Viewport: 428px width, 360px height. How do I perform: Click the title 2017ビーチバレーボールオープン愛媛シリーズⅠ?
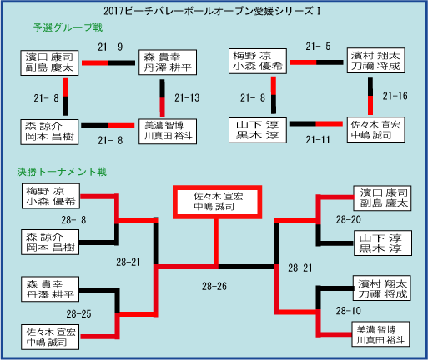tap(212, 11)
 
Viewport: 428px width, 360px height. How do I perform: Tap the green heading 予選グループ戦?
tap(68, 27)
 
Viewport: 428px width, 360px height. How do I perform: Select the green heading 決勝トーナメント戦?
tap(62, 172)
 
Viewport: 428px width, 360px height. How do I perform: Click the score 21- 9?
tap(110, 47)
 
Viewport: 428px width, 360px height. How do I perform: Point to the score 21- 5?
tap(318, 47)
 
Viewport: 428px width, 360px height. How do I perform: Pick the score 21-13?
tap(187, 97)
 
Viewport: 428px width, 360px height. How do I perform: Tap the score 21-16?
tap(395, 96)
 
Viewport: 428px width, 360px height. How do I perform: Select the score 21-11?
tap(318, 140)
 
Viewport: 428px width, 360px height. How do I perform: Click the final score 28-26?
tap(214, 286)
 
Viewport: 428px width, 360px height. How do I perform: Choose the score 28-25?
tap(78, 314)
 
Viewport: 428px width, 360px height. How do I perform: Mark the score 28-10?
tap(348, 311)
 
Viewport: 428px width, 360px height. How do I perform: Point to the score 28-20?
tap(348, 220)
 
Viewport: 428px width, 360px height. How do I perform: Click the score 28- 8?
tap(73, 220)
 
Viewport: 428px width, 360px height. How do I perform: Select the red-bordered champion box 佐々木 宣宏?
tap(217, 202)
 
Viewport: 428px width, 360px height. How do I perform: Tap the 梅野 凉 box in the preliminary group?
tap(258, 61)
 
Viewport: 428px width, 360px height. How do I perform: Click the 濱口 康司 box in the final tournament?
tap(382, 198)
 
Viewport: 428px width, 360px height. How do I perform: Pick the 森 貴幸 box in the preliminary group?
tap(168, 62)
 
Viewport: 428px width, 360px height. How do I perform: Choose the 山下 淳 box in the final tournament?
tap(383, 242)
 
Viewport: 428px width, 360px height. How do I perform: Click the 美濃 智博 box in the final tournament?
tap(380, 334)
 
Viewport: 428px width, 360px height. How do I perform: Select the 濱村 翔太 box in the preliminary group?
tap(375, 61)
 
